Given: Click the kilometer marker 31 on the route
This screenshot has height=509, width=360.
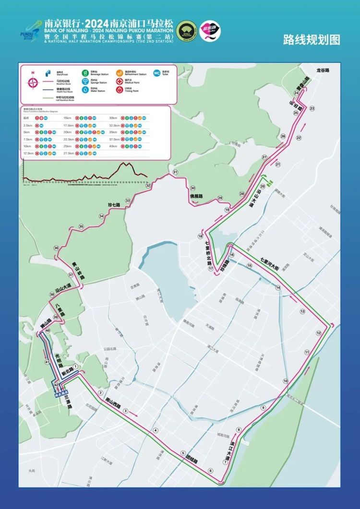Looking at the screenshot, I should pos(176,172).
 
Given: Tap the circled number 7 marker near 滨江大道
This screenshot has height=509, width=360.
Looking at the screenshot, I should pos(225,462).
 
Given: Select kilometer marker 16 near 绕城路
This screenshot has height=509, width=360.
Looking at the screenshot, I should pos(231,255).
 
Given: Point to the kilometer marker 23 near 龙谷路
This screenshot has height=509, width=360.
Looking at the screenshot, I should pos(312,109).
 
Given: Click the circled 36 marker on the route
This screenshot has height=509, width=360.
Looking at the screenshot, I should pos(56,248).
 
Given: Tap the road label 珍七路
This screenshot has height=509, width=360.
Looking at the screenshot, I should pos(114,205).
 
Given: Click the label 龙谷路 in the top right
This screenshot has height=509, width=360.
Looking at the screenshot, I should pos(323,70).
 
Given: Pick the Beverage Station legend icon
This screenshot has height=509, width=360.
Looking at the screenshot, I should pos(85,73).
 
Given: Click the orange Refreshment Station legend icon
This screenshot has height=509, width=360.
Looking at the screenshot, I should pos(119,73).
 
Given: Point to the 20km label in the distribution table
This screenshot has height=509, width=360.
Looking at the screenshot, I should pos(67,132).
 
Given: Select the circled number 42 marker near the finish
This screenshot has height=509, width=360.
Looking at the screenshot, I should pos(56,385).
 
